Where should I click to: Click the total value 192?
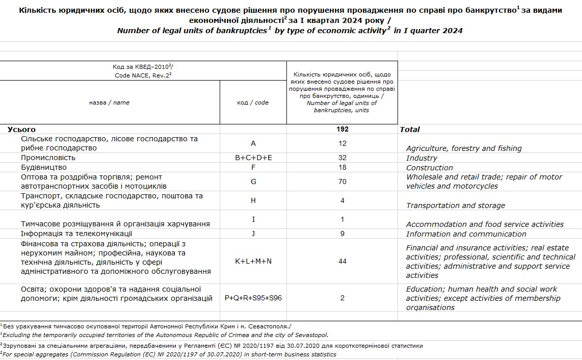point(342,129)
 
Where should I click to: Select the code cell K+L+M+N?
point(253,261)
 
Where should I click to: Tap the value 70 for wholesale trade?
point(342,182)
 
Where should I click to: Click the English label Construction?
point(429,168)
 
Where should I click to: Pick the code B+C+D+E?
point(253,158)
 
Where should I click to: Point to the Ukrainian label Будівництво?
point(44,167)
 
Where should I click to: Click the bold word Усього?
point(22,130)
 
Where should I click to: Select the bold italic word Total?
point(410,130)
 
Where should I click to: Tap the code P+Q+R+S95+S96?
point(253,298)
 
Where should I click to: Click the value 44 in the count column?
point(342,261)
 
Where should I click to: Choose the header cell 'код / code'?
point(253,102)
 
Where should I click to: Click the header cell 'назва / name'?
point(110,102)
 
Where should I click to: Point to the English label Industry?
point(421,158)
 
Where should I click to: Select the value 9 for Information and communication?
point(342,234)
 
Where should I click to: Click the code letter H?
point(253,200)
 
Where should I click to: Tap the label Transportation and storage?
point(455,205)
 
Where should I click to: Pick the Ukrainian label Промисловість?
point(48,158)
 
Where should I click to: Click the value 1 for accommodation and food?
point(342,219)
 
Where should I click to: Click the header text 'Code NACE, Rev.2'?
point(143,75)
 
